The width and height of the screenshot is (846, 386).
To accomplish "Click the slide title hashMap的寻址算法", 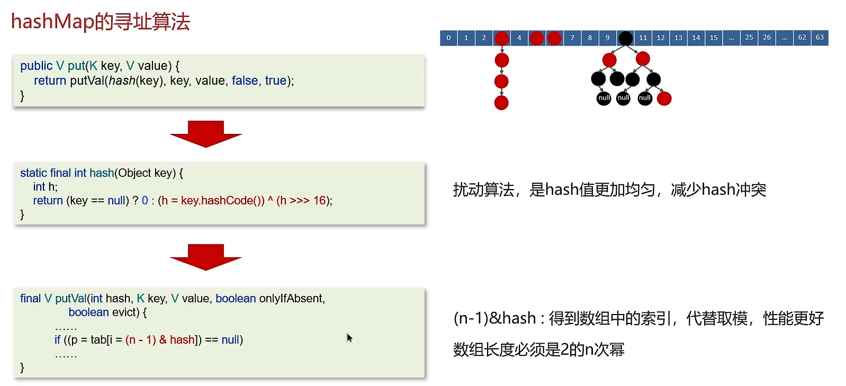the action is [x=101, y=22].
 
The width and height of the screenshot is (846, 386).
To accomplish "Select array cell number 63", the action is [x=820, y=38].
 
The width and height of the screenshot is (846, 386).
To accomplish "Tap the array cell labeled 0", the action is [x=448, y=38].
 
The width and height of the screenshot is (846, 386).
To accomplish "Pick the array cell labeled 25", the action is [x=749, y=38].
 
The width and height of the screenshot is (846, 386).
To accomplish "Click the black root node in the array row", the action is [x=625, y=38].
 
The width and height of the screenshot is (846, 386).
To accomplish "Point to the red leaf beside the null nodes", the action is [x=664, y=98].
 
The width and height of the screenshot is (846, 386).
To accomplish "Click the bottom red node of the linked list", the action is [x=501, y=103].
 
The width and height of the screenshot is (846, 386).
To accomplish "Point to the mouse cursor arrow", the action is [x=349, y=337].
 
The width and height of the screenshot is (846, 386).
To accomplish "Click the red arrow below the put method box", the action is [x=205, y=133].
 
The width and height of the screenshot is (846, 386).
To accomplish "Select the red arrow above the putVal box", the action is [x=205, y=257].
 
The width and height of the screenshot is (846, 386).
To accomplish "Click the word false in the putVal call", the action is [x=245, y=80].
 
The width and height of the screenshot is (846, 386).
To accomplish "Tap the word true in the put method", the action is [x=276, y=80].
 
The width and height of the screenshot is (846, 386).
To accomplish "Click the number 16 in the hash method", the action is [x=320, y=201].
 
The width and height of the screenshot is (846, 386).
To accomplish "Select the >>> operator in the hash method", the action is [x=300, y=201].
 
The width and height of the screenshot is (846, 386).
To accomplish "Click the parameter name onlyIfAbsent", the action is [x=291, y=299].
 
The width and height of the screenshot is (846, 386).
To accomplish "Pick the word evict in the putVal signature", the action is [x=125, y=312].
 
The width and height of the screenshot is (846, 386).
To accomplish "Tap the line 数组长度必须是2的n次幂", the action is [x=538, y=349].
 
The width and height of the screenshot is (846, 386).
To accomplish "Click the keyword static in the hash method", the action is [x=33, y=173].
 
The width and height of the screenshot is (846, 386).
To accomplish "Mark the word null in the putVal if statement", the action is [x=230, y=340].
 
